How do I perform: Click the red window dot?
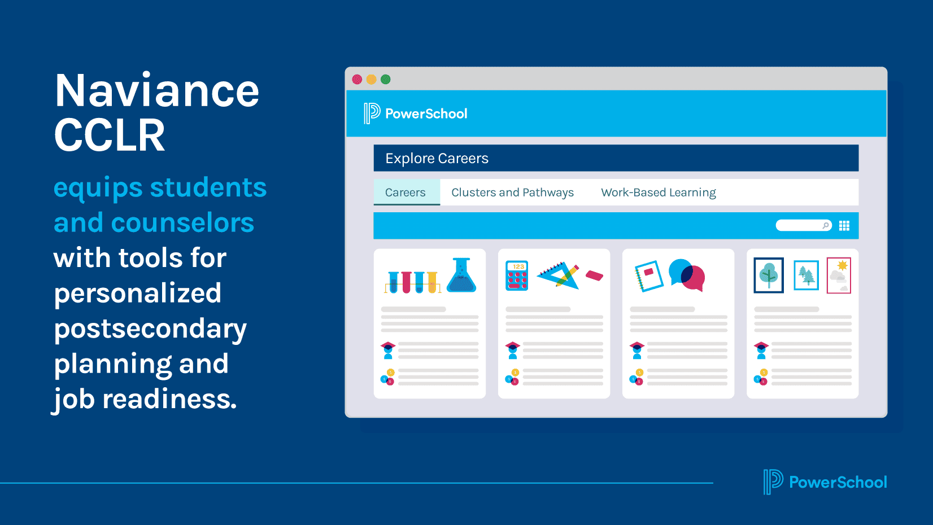357,80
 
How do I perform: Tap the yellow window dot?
371,80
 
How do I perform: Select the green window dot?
386,80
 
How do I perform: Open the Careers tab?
406,193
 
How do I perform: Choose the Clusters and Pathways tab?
512,193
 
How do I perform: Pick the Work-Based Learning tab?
658,193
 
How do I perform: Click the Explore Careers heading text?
437,159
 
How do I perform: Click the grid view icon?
844,226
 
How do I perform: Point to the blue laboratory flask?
461,275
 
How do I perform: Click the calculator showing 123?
517,276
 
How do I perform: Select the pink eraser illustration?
594,275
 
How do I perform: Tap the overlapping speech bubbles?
687,275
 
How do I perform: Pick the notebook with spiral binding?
648,275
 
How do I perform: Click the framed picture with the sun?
839,275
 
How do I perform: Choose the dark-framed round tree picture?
769,275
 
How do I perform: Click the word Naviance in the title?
157,91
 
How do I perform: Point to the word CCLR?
110,136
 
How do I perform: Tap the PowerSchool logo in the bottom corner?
825,482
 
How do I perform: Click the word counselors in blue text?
182,223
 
